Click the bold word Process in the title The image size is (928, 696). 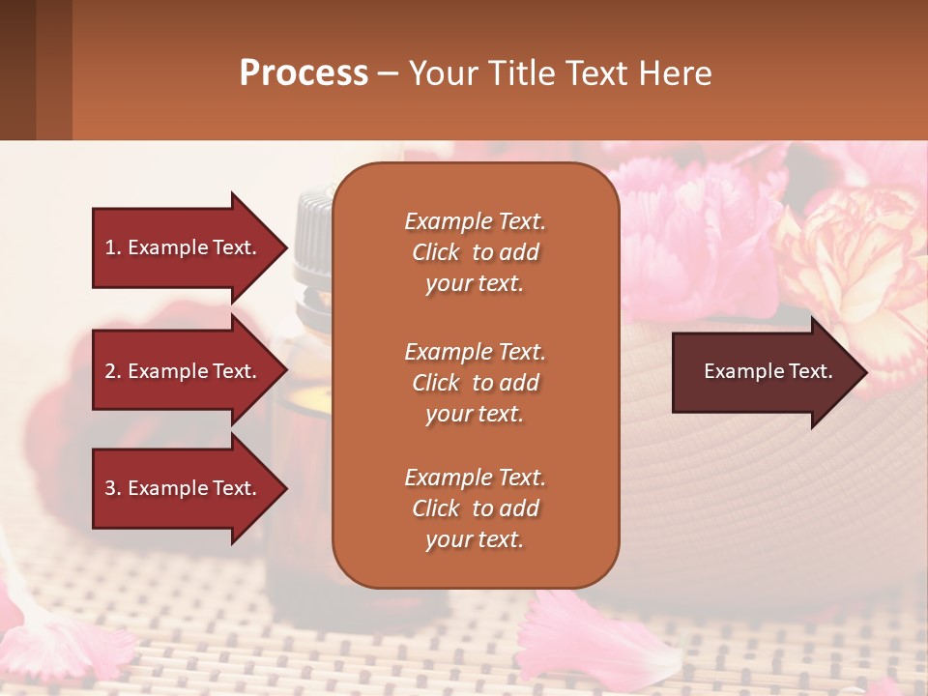[304, 72]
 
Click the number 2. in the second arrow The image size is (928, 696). [112, 371]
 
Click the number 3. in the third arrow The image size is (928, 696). [112, 488]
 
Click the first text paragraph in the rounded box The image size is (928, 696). [475, 252]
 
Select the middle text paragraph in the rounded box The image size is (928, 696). [475, 383]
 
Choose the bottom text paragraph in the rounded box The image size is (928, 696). [475, 508]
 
